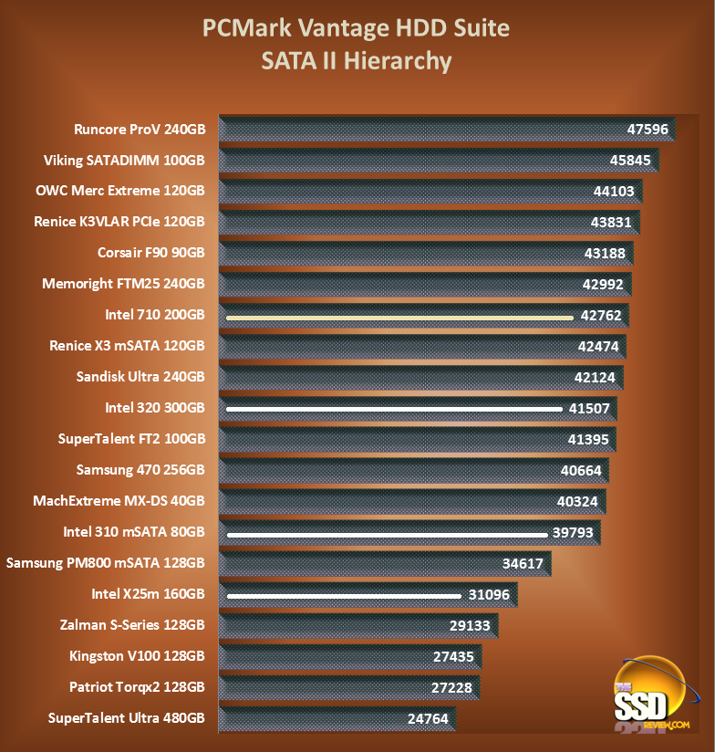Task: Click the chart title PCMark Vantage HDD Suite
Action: pyautogui.click(x=356, y=28)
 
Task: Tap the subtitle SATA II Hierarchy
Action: pyautogui.click(x=356, y=61)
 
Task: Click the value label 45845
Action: pyautogui.click(x=626, y=161)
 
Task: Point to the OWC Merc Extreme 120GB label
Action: pyautogui.click(x=120, y=191)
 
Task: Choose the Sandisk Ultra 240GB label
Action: pyautogui.click(x=140, y=376)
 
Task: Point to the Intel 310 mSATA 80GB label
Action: pyautogui.click(x=134, y=531)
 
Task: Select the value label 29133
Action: pyautogui.click(x=467, y=625)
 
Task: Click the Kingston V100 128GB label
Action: pyautogui.click(x=137, y=655)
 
